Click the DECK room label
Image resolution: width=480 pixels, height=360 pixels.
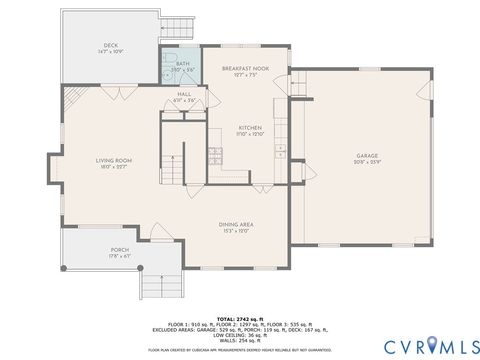pos(110,46)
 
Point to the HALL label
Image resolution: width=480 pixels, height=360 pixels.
pos(184,95)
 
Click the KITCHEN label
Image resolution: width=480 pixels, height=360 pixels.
pos(249,128)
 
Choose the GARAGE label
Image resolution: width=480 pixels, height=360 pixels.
pos(367,156)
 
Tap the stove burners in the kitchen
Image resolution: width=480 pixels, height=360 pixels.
pos(215,153)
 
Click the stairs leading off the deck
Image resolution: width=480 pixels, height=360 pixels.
pos(178,25)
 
